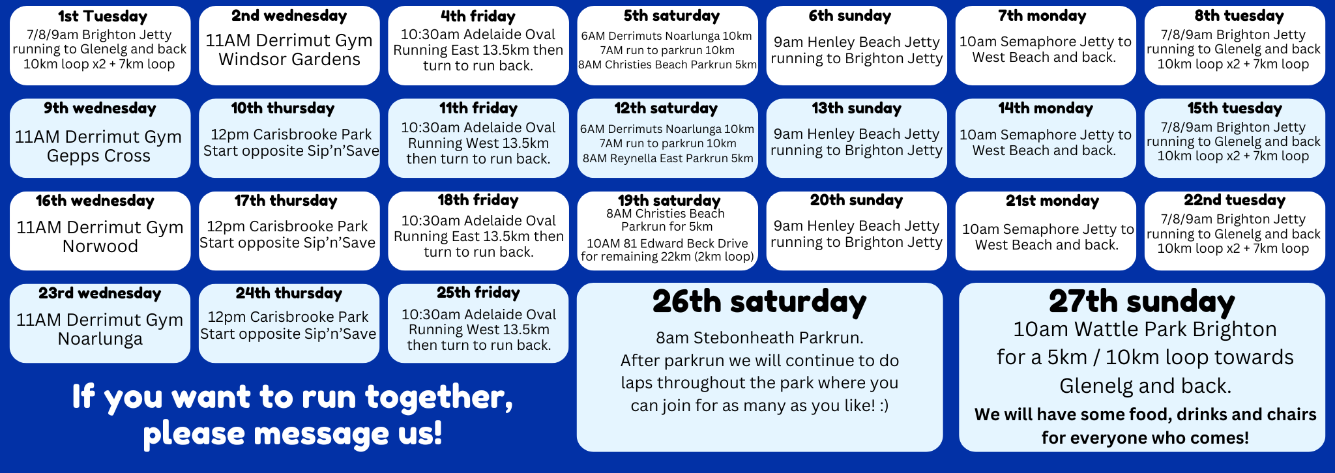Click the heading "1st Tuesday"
102,16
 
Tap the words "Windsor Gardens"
289,59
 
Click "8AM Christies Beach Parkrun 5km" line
667,64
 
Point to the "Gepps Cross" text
99,156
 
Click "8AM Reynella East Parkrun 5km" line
668,158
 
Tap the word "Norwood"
100,246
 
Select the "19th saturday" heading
669,201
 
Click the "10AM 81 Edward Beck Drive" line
667,244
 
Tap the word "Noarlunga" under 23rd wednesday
100,339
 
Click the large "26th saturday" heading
759,302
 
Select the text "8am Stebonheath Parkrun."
759,337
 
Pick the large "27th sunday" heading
1141,302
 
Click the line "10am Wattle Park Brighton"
1145,330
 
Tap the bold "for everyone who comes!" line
1145,438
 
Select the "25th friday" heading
478,293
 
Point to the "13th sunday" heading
857,109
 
